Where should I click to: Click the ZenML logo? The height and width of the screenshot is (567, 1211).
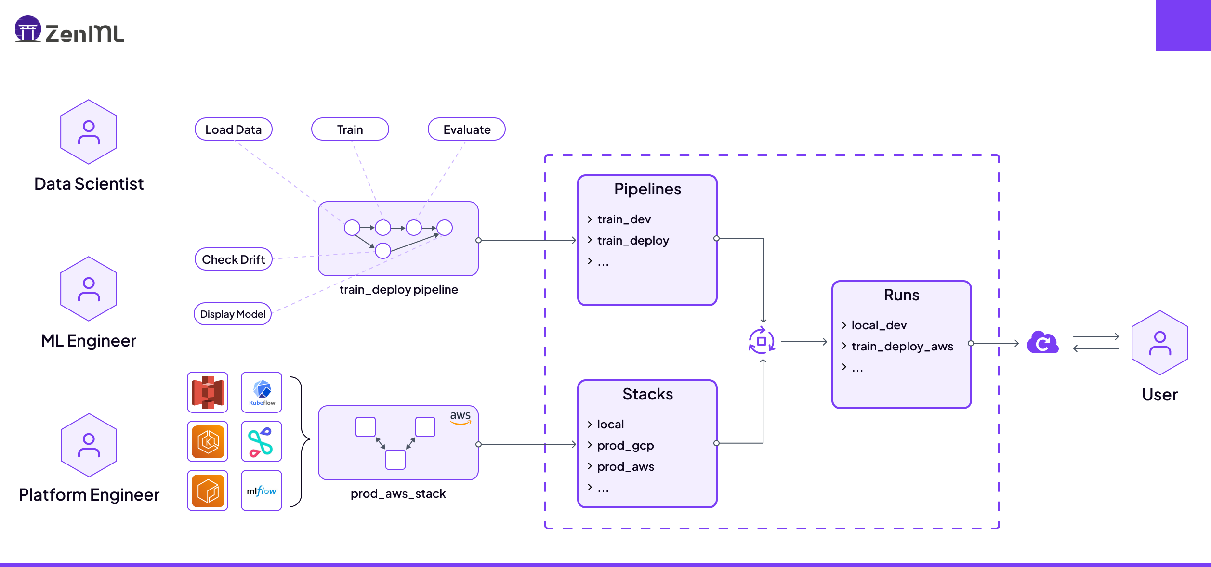pyautogui.click(x=69, y=30)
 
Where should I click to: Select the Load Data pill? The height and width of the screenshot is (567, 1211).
pyautogui.click(x=233, y=129)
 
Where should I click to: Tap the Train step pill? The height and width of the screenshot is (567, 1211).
pyautogui.click(x=350, y=129)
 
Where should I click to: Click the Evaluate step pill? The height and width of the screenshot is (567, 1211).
pyautogui.click(x=466, y=129)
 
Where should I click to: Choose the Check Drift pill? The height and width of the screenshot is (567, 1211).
pyautogui.click(x=233, y=259)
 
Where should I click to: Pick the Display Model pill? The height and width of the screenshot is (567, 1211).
pyautogui.click(x=233, y=314)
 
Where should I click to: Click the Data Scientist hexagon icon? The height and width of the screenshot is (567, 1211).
pyautogui.click(x=89, y=132)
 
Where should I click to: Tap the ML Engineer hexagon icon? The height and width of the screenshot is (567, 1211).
pyautogui.click(x=89, y=289)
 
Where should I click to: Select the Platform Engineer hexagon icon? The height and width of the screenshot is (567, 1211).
pyautogui.click(x=89, y=445)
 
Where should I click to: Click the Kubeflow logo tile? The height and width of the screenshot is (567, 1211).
pyautogui.click(x=262, y=392)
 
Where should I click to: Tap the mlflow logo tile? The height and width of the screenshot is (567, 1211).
pyautogui.click(x=262, y=490)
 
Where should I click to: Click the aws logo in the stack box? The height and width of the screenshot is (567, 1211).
pyautogui.click(x=460, y=417)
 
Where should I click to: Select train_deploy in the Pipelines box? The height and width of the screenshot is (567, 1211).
pyautogui.click(x=632, y=240)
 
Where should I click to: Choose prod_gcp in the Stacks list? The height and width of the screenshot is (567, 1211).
pyautogui.click(x=625, y=445)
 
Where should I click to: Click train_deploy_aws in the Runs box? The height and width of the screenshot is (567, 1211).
pyautogui.click(x=902, y=346)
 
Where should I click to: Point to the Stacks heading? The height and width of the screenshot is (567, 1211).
pyautogui.click(x=647, y=394)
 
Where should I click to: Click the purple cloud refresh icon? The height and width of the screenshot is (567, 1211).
pyautogui.click(x=1042, y=343)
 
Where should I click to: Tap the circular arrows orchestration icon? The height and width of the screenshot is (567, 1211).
pyautogui.click(x=762, y=341)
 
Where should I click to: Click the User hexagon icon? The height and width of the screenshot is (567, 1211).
pyautogui.click(x=1159, y=343)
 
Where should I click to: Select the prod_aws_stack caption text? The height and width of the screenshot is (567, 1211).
pyautogui.click(x=398, y=494)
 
